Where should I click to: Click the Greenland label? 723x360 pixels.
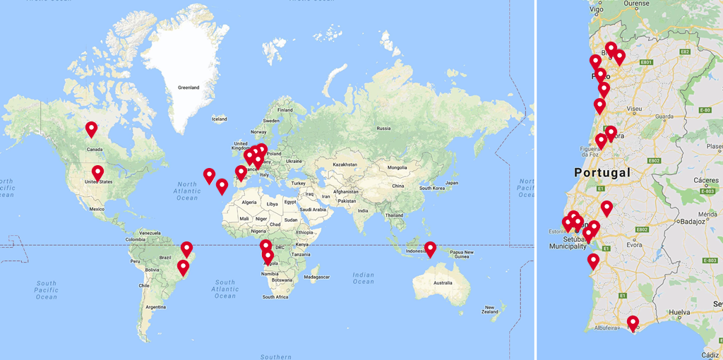[189, 88]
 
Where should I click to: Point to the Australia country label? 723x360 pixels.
[443, 283]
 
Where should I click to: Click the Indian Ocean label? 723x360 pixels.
[364, 278]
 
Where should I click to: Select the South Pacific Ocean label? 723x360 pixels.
[46, 289]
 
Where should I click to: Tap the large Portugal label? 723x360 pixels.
[602, 172]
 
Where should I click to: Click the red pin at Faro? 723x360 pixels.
[633, 323]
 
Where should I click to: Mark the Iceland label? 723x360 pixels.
[219, 119]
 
